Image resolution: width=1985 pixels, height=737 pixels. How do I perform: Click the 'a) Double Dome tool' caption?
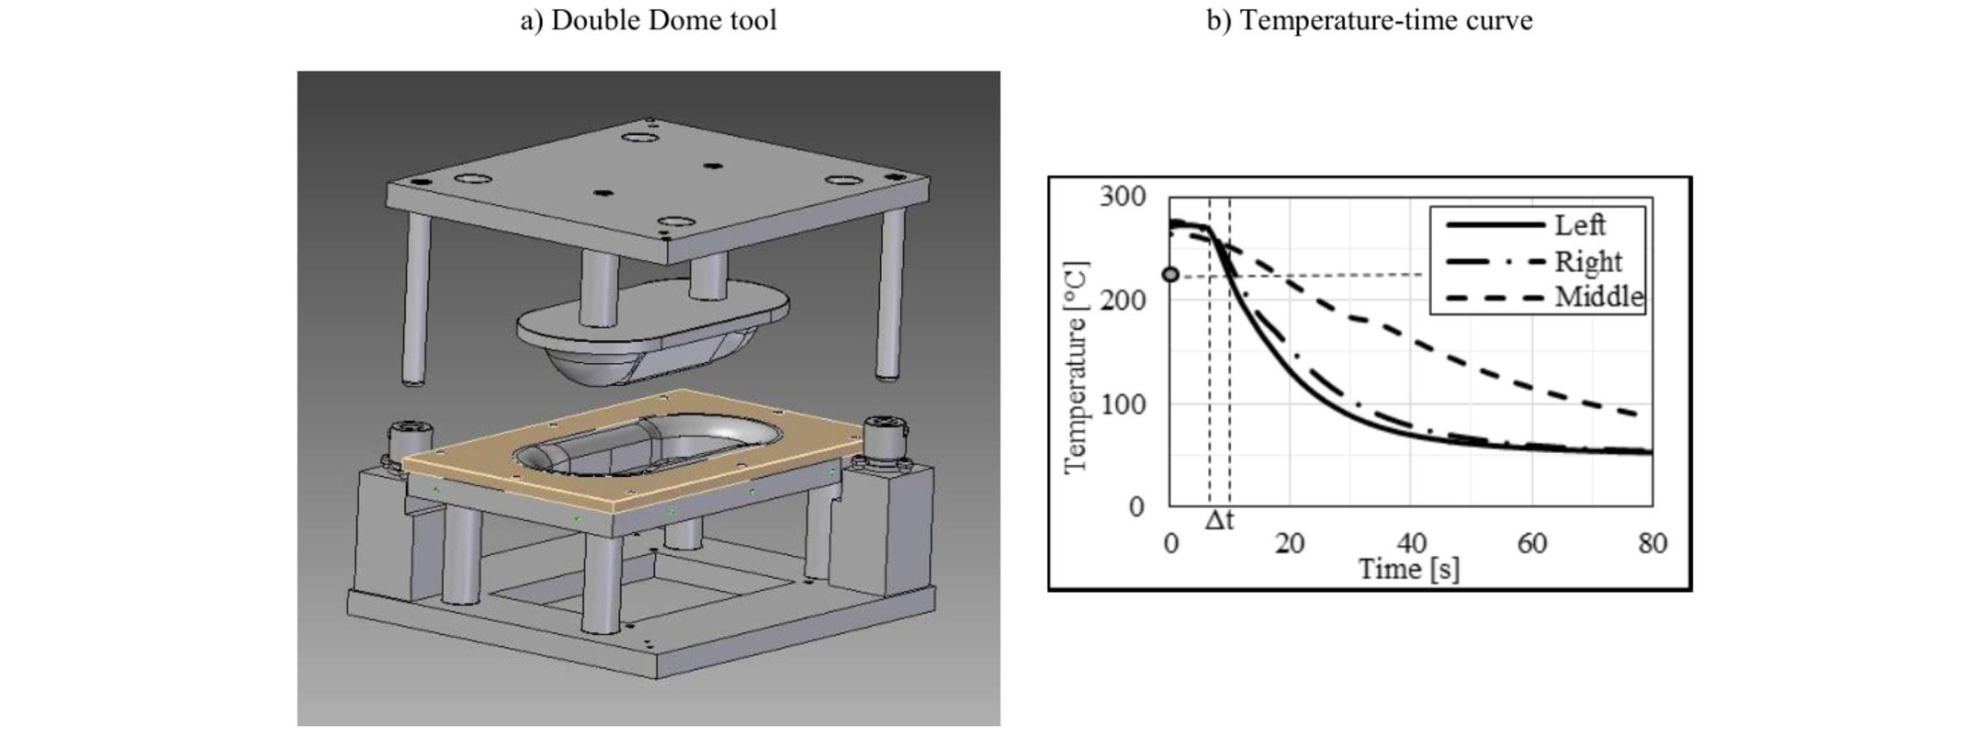click(649, 20)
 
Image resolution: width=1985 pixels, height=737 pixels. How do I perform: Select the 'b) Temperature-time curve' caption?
click(1369, 20)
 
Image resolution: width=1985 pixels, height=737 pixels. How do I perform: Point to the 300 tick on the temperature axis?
click(1122, 196)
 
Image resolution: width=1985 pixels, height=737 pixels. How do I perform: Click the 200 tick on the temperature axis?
click(1122, 300)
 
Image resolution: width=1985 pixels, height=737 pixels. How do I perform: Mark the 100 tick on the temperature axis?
click(1122, 403)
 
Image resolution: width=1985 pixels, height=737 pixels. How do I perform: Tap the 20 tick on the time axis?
click(1290, 543)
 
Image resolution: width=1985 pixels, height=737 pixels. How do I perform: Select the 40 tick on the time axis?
click(1411, 543)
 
